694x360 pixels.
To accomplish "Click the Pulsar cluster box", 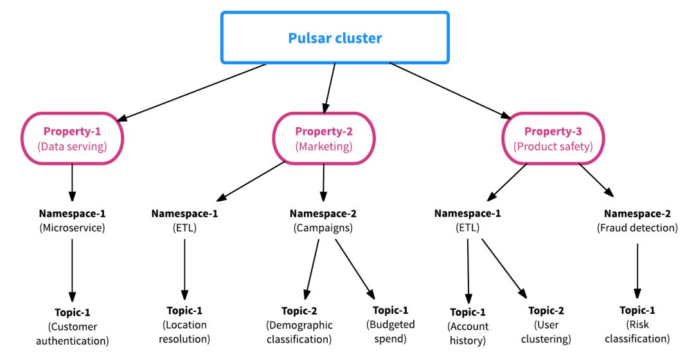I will tap(335, 38).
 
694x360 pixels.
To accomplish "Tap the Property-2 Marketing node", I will tap(324, 139).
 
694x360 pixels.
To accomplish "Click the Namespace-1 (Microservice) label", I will tap(72, 221).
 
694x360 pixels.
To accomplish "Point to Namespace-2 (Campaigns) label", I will tap(323, 221).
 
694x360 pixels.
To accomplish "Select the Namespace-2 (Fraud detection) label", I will tap(637, 221).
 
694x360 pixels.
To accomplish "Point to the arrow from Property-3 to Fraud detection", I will tap(594, 179).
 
